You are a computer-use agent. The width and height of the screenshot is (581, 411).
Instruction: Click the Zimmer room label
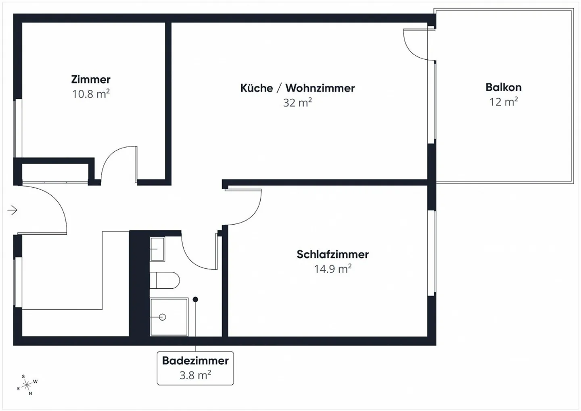tap(91, 79)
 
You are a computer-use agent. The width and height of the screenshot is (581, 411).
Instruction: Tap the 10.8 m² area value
tap(91, 94)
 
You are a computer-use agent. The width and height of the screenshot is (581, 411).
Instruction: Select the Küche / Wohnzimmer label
tap(297, 88)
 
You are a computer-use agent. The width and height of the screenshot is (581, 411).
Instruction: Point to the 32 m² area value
tap(297, 102)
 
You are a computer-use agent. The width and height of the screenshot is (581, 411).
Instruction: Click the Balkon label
tap(504, 87)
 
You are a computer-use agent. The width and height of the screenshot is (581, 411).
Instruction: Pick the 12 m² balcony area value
tap(504, 102)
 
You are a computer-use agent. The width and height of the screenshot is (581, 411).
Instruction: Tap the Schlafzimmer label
tap(332, 255)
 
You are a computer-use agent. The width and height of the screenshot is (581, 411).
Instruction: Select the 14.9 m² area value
tap(332, 269)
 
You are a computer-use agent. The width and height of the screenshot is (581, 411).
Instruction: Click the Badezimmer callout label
tap(195, 361)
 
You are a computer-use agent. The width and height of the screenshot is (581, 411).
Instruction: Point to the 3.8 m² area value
tap(195, 376)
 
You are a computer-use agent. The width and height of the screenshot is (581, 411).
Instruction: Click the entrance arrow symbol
tap(13, 210)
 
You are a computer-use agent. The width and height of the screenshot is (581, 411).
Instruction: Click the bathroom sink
tap(157, 249)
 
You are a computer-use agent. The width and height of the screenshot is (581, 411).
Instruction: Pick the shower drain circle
tap(163, 317)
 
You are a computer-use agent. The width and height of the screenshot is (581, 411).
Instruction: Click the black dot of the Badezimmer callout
tap(195, 300)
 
